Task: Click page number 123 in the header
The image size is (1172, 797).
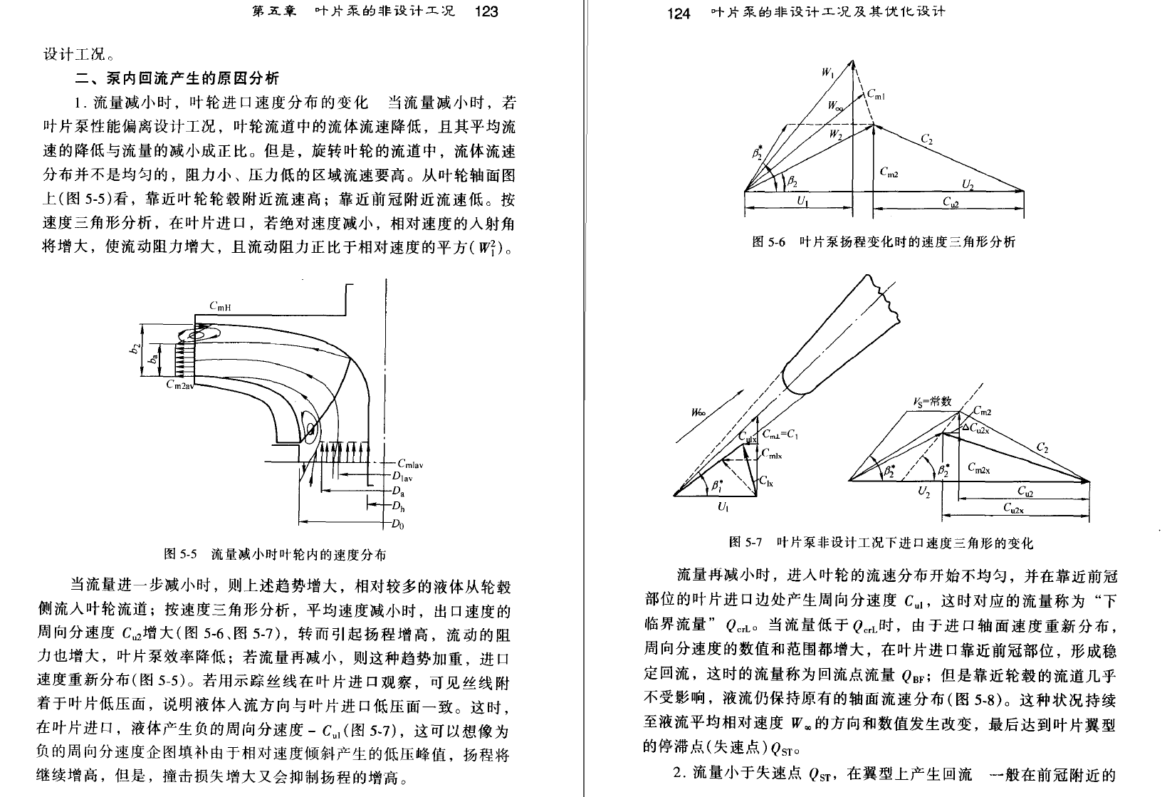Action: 486,11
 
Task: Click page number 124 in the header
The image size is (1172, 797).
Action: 679,13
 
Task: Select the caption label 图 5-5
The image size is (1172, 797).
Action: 181,553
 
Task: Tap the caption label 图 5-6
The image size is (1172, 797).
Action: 768,241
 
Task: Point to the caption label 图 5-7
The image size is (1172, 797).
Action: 745,542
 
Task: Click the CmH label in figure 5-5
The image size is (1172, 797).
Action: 220,306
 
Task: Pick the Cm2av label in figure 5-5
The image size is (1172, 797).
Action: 180,385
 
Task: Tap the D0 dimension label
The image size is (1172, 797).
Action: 397,523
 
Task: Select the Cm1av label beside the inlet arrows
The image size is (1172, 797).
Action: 410,464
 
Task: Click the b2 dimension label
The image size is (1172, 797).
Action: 135,348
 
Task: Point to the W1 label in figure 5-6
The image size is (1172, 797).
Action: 827,72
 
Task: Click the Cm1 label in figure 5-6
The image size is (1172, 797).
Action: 876,94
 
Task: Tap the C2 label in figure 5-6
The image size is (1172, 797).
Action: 926,139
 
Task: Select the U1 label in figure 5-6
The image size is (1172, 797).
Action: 802,200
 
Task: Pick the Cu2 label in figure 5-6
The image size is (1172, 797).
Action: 951,202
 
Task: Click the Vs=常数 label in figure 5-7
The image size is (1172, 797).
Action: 932,402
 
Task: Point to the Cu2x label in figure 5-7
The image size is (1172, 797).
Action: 1013,508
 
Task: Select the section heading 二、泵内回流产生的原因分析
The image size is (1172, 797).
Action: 177,78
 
